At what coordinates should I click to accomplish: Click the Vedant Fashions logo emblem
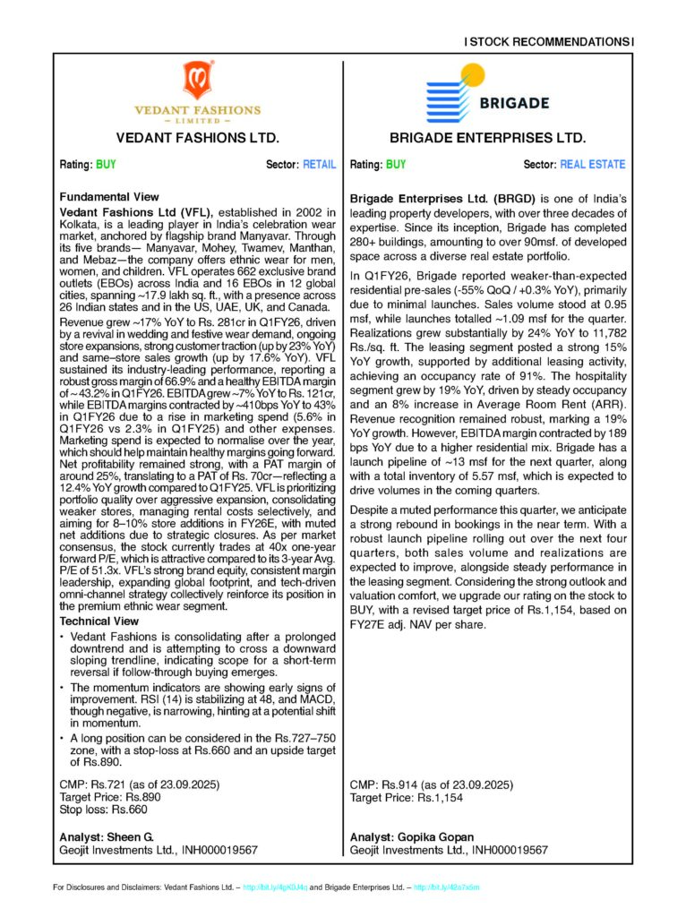(x=198, y=80)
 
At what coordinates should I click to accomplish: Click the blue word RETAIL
(x=320, y=165)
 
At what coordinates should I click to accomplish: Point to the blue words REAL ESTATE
(x=593, y=165)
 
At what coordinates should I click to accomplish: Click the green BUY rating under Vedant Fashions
(x=106, y=165)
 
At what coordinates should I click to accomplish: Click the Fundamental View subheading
(x=109, y=197)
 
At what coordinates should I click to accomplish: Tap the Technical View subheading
(x=101, y=621)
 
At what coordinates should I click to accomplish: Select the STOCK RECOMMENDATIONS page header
(x=549, y=41)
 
